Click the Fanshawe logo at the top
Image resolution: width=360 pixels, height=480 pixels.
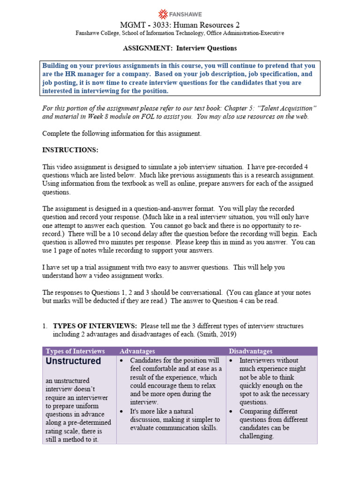click(180, 13)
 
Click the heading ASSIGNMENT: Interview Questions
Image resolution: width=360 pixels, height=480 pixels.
click(180, 48)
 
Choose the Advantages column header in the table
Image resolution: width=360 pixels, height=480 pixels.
click(137, 351)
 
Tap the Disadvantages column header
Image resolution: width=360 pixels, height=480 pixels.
click(250, 351)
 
